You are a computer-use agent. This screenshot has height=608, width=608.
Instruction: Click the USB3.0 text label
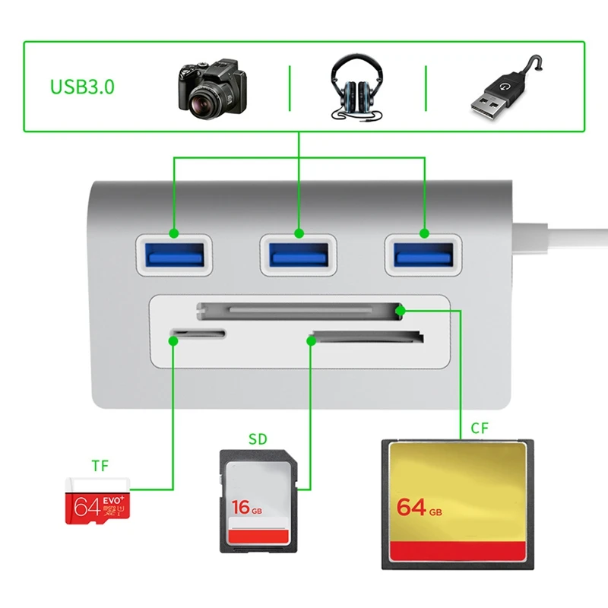coord(83,86)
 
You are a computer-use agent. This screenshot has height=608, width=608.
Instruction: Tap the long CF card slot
coord(299,309)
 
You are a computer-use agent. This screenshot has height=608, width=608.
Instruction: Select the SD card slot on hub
coord(367,336)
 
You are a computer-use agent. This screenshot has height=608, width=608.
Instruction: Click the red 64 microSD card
coord(100,499)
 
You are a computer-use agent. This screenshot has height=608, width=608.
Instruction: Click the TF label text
coord(100,465)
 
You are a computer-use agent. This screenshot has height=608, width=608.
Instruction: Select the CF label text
coord(480,428)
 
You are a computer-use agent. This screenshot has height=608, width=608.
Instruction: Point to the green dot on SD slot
coord(311,340)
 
